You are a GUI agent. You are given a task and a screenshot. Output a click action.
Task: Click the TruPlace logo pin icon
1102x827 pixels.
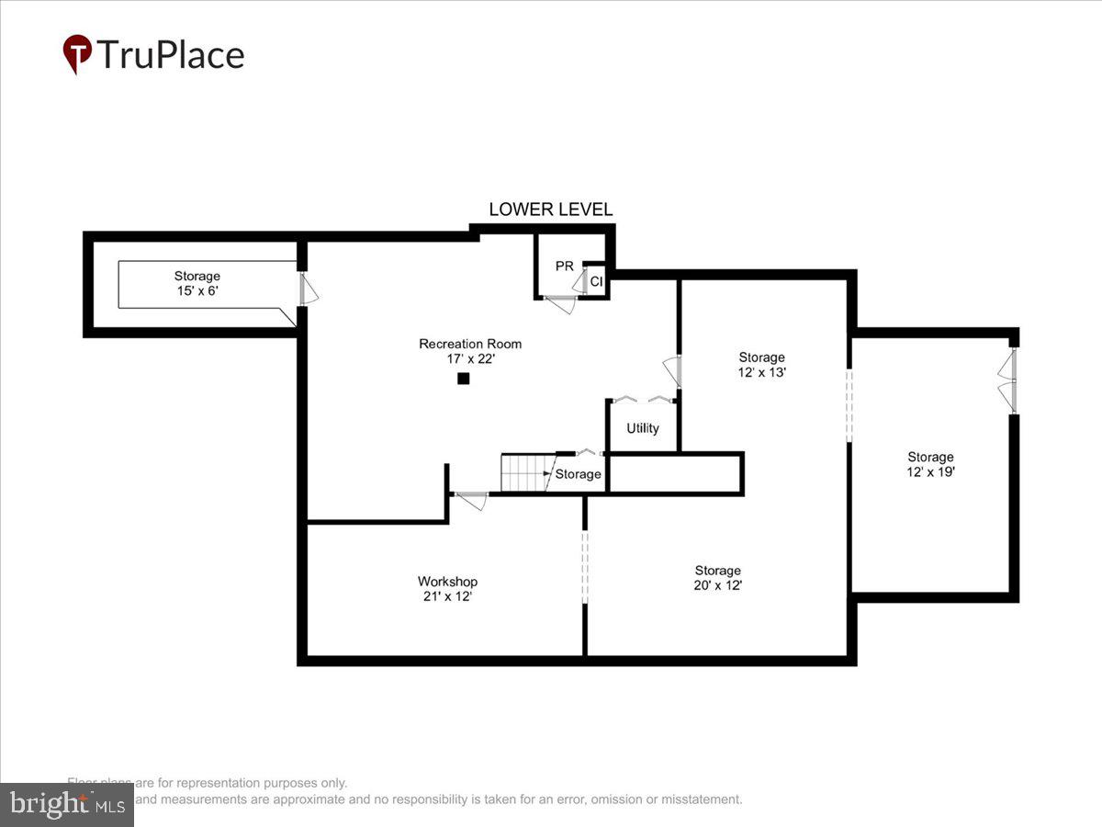77,53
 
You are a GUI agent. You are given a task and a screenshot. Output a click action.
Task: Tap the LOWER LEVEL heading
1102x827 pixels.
550,210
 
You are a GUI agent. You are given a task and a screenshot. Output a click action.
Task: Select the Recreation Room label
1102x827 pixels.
470,344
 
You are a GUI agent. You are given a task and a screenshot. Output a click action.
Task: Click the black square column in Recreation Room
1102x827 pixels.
464,378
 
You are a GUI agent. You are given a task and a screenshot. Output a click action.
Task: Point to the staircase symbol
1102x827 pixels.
525,473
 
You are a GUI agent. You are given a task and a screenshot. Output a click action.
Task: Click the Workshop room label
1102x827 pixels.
447,582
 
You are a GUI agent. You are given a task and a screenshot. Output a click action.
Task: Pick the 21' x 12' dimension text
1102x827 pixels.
447,596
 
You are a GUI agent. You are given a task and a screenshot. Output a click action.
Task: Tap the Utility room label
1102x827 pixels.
643,428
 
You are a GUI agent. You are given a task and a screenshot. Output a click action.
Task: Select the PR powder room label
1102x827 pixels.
564,266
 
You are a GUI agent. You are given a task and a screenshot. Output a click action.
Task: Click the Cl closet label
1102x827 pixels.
595,282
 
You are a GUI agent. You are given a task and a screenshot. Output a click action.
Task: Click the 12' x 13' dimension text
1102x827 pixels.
762,373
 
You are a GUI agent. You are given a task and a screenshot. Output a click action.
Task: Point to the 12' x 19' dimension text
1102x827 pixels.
930,472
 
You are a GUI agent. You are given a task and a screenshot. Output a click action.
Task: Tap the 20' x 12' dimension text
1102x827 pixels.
717,585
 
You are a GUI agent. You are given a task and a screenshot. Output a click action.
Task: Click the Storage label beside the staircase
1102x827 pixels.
578,474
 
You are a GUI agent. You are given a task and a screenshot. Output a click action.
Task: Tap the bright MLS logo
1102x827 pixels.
66,804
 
